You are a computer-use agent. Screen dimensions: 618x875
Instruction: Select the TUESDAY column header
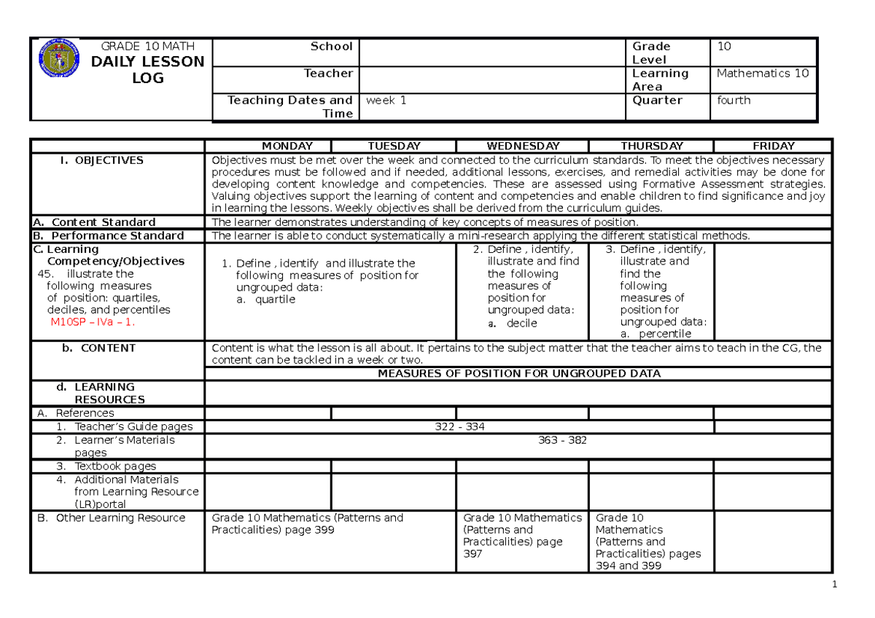pyautogui.click(x=394, y=146)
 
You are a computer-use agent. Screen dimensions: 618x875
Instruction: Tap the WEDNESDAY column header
pyautogui.click(x=522, y=146)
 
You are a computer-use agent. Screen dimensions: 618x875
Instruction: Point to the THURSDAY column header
pyautogui.click(x=650, y=146)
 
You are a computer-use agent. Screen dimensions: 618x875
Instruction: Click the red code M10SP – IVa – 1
pyautogui.click(x=92, y=321)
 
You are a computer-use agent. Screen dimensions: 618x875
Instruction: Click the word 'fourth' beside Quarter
pyautogui.click(x=734, y=101)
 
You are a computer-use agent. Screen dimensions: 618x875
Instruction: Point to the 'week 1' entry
pyautogui.click(x=386, y=101)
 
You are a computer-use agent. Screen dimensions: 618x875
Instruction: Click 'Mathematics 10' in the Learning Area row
pyautogui.click(x=763, y=73)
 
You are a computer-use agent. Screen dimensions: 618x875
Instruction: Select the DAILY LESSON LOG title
pyautogui.click(x=147, y=70)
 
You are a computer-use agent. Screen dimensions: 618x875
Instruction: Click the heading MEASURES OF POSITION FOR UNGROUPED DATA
pyautogui.click(x=518, y=374)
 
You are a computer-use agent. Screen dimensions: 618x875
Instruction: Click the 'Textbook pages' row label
pyautogui.click(x=114, y=466)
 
